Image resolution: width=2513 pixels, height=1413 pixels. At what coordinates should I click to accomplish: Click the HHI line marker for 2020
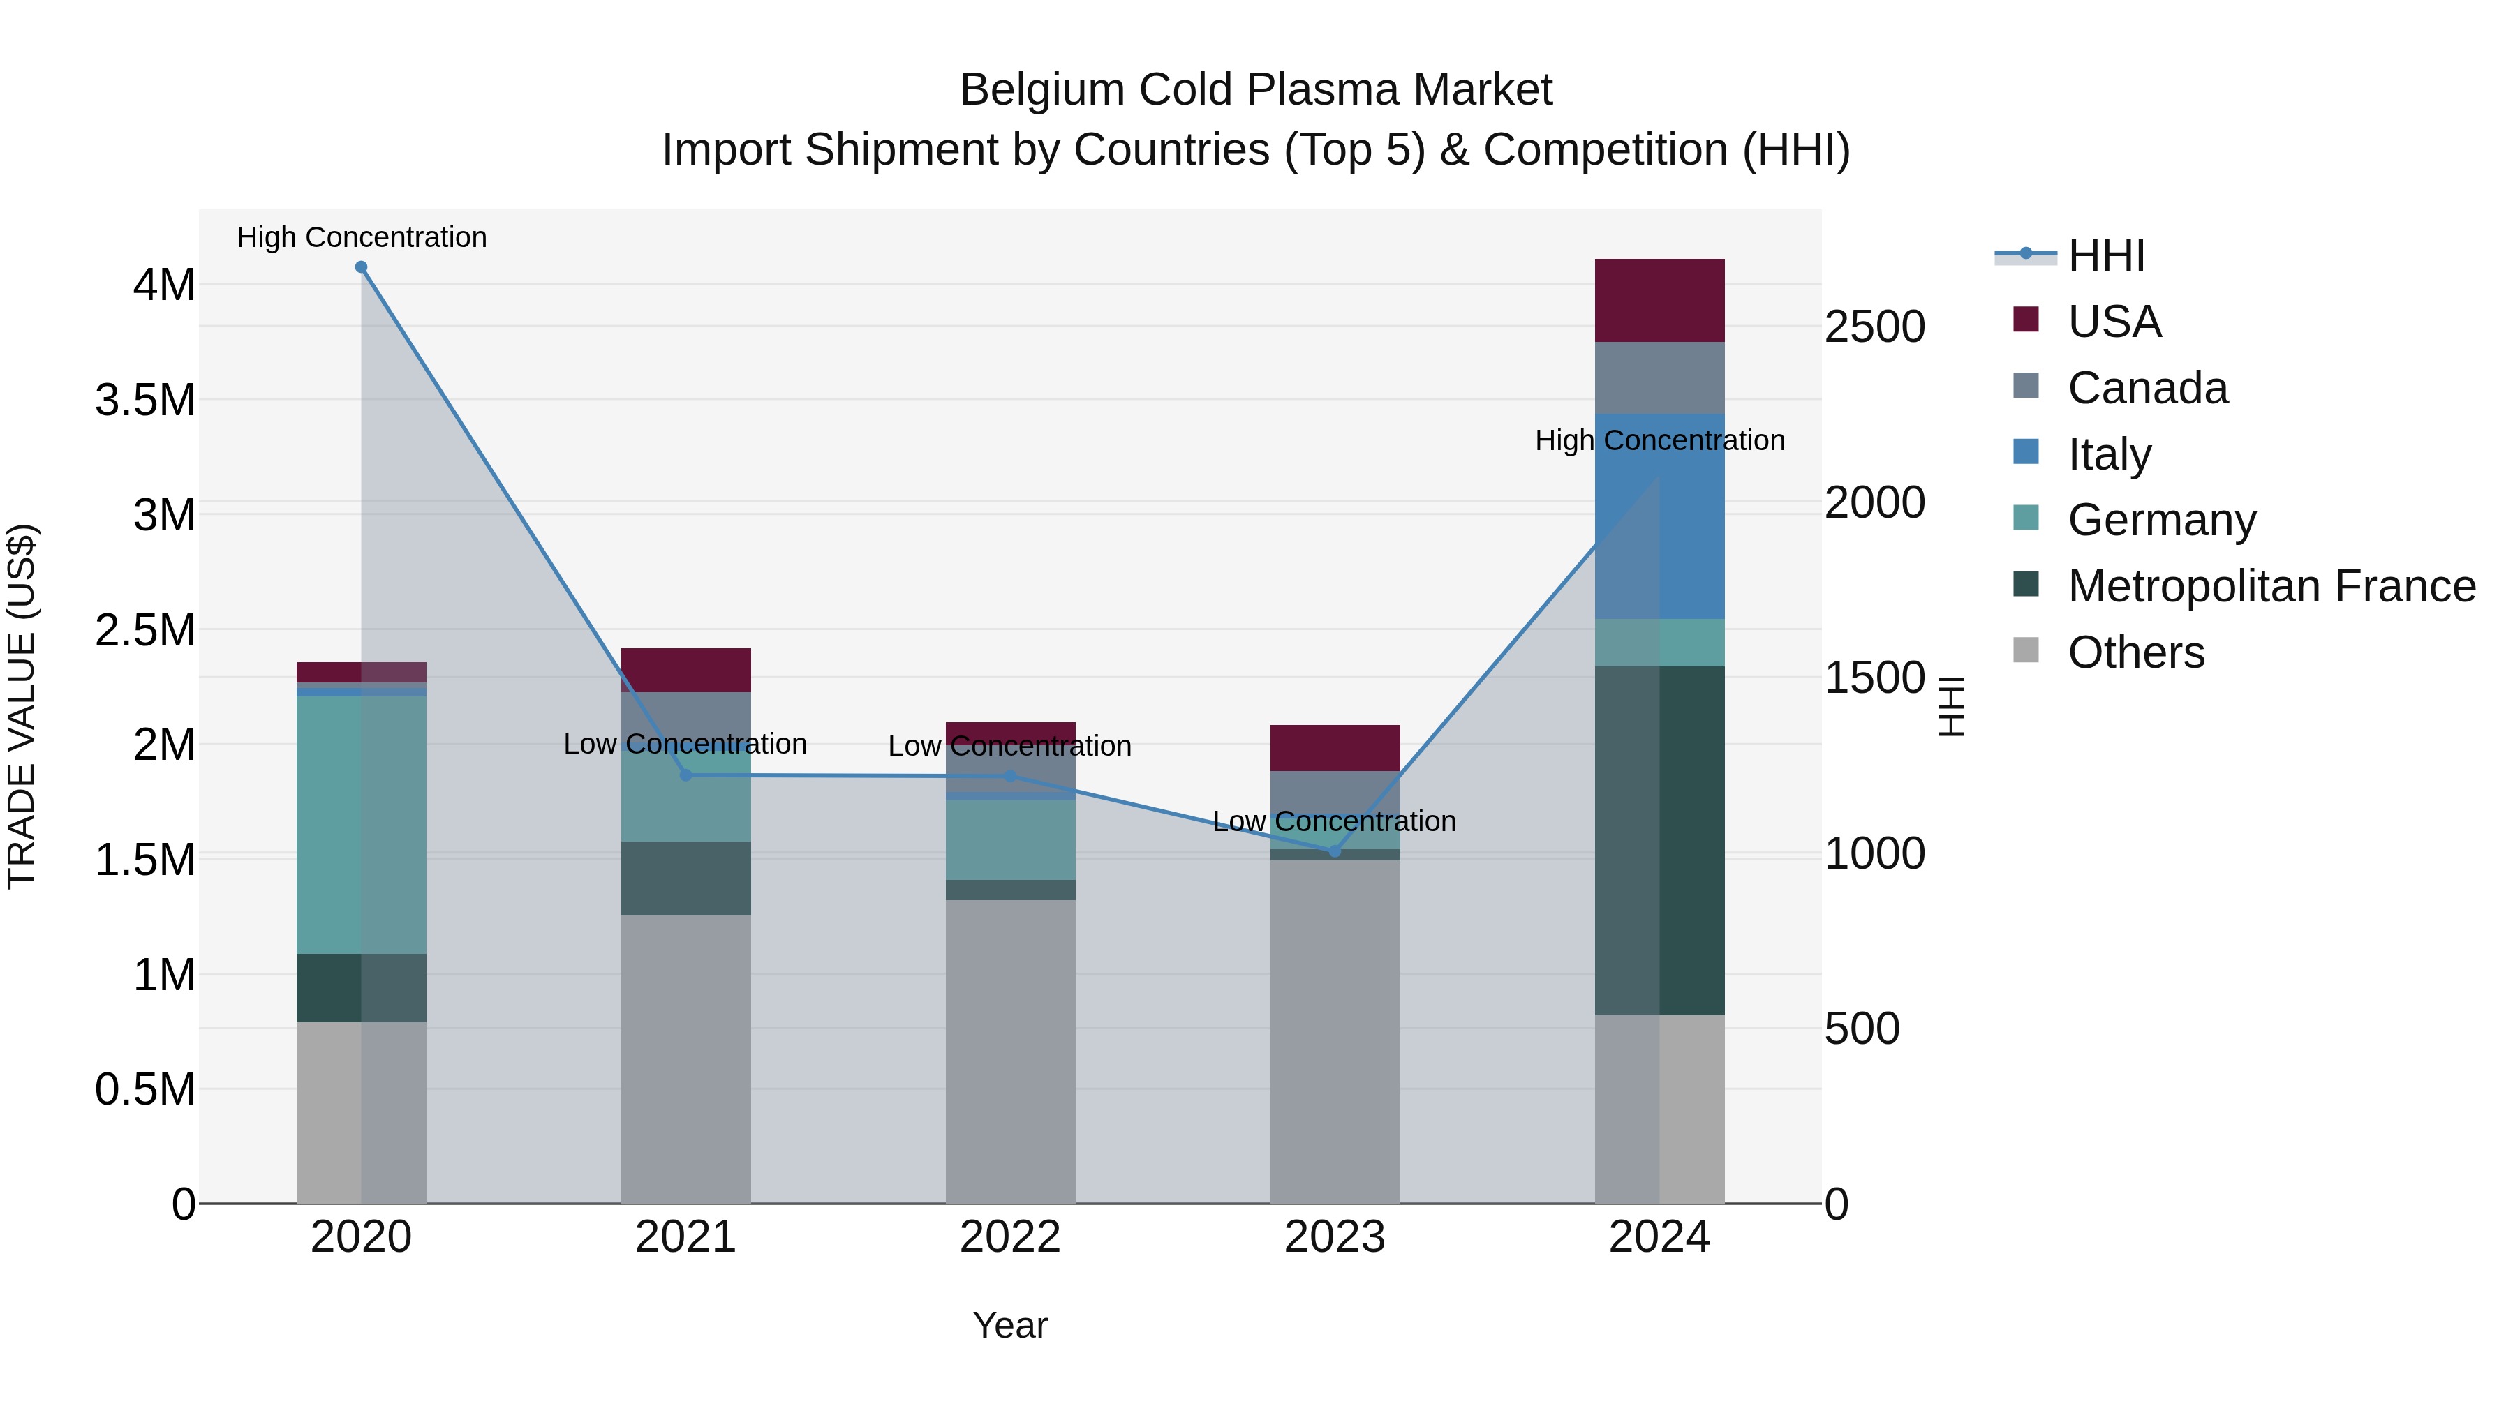[361, 267]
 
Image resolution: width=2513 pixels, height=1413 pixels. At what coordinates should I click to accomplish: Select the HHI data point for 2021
[685, 775]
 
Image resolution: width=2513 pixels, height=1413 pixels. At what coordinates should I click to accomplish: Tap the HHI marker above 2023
[1335, 851]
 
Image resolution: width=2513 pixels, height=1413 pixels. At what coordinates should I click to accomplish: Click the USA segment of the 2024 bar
[1659, 300]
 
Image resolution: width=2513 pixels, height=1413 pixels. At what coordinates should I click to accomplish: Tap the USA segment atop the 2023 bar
[1335, 748]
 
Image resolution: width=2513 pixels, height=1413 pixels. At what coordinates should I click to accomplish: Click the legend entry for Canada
[2147, 388]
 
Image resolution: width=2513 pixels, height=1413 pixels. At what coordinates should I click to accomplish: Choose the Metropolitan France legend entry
[2271, 586]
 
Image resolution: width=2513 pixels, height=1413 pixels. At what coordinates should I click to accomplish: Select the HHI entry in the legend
[2105, 255]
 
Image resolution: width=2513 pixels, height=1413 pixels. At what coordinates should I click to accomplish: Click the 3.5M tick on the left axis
[145, 401]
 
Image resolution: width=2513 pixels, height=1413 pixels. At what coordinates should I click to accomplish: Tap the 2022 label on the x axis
[1011, 1237]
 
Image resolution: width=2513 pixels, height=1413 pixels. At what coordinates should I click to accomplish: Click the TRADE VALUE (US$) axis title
[22, 706]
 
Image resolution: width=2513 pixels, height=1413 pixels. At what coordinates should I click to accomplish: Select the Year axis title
[1011, 1325]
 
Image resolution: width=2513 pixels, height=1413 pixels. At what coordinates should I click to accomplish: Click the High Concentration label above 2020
[361, 237]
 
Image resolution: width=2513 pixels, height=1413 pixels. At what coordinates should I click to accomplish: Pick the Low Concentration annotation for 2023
[1335, 821]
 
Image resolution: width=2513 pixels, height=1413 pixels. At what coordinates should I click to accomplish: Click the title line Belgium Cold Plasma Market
[1256, 90]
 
